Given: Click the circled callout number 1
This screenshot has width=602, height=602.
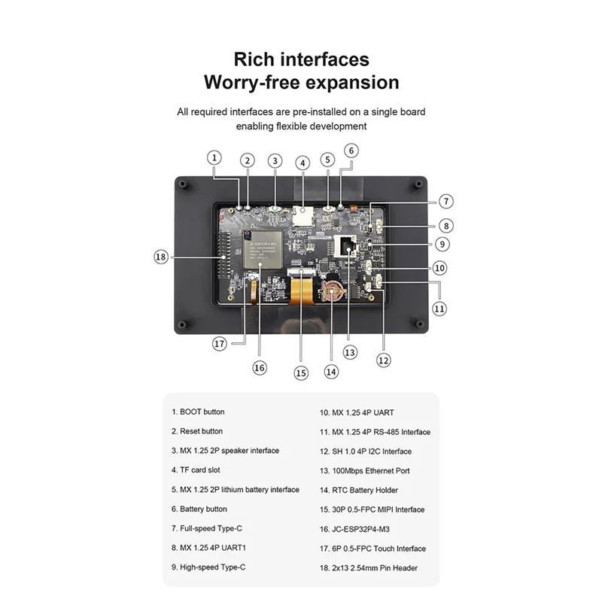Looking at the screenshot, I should point(214,158).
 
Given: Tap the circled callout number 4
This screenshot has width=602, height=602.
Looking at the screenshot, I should point(303,163).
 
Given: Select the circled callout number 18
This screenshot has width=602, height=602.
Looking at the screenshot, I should point(160,257).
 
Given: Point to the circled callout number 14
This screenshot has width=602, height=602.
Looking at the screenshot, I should point(331,371).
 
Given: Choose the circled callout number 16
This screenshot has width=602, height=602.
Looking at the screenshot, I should point(260,367).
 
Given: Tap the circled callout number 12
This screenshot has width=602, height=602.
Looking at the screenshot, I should point(384,360).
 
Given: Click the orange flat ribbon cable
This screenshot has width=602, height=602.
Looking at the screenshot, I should point(301,289).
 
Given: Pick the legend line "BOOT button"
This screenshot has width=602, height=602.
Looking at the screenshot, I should point(198,412).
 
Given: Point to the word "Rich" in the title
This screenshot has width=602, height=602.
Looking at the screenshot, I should point(251,59).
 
